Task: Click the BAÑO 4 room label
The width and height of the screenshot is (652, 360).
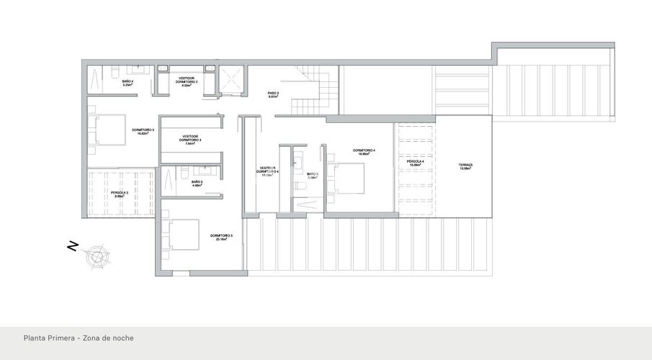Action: (x=128, y=82)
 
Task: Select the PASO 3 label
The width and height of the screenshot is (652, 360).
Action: (x=273, y=93)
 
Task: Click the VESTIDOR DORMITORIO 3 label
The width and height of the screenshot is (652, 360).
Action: (x=190, y=139)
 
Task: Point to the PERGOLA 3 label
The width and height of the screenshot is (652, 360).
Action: (x=120, y=192)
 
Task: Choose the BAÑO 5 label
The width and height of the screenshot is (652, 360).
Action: (x=196, y=182)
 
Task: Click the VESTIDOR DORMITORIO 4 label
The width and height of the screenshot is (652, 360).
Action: (x=268, y=171)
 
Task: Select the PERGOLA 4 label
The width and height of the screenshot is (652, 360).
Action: (x=414, y=162)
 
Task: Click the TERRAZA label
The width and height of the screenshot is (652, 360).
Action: (x=465, y=166)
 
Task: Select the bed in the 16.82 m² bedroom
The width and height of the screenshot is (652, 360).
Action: (x=107, y=130)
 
